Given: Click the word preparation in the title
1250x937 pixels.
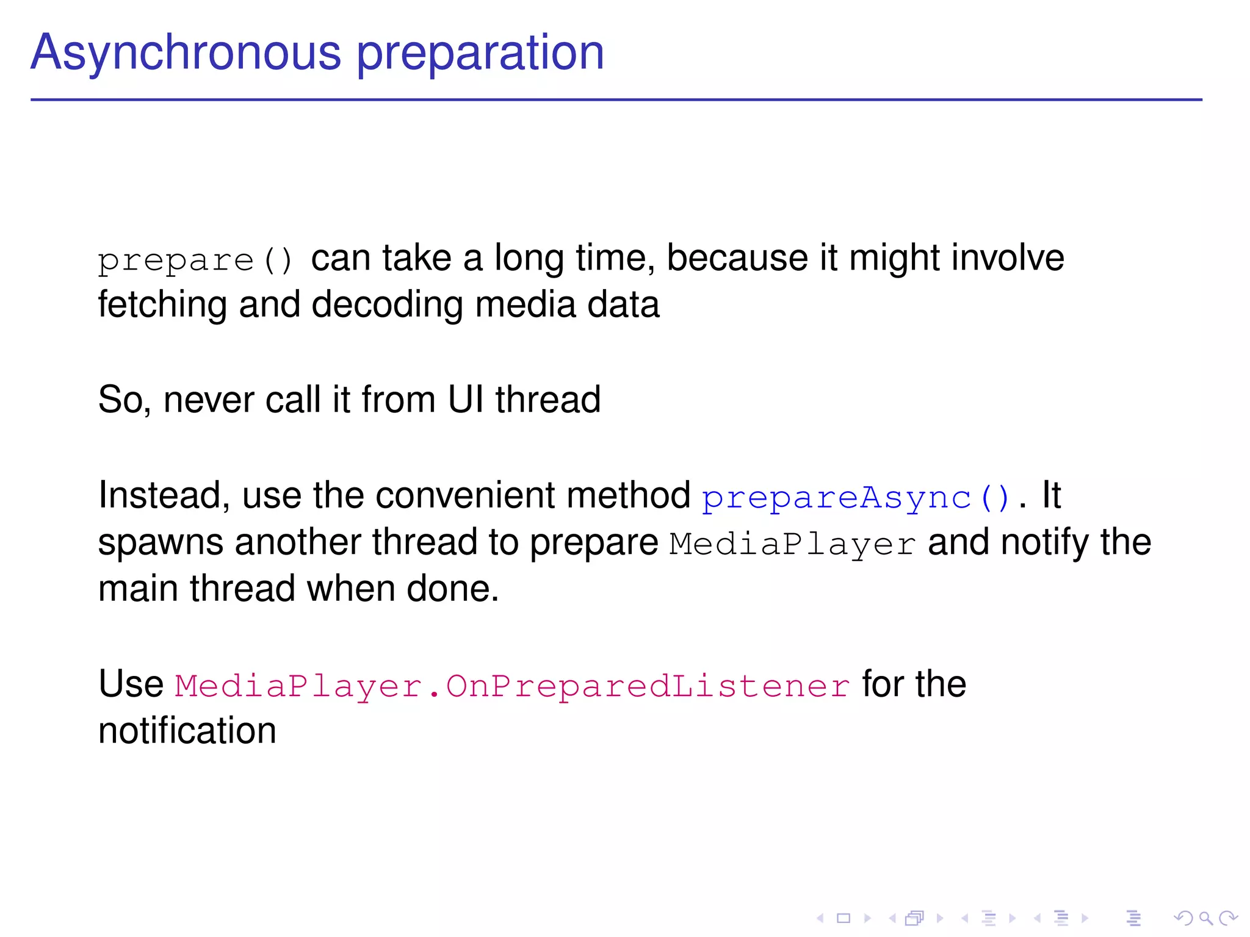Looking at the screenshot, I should click(x=480, y=54).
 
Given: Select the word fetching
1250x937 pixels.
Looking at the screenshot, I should click(x=162, y=304).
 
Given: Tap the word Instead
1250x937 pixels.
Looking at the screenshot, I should click(x=164, y=495).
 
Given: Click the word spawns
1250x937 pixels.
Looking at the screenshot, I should click(x=160, y=542).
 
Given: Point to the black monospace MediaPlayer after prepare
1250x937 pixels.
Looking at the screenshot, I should click(x=792, y=544).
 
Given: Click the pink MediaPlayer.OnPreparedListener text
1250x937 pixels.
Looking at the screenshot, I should click(x=511, y=686).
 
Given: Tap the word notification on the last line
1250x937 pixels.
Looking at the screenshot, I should click(x=187, y=731).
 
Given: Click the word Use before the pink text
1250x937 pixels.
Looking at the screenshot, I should click(x=131, y=684).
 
